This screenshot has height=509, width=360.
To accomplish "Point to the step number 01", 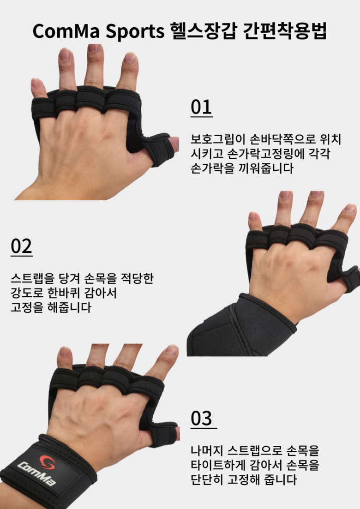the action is (x=201, y=107).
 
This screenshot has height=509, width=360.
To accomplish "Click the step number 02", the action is (x=21, y=246).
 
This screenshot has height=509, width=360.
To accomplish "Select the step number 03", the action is (x=202, y=418).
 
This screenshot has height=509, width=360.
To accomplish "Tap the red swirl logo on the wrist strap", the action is (x=48, y=462).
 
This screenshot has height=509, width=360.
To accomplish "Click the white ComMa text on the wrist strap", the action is (x=36, y=474).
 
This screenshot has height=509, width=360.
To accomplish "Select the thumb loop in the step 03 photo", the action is (x=162, y=434).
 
